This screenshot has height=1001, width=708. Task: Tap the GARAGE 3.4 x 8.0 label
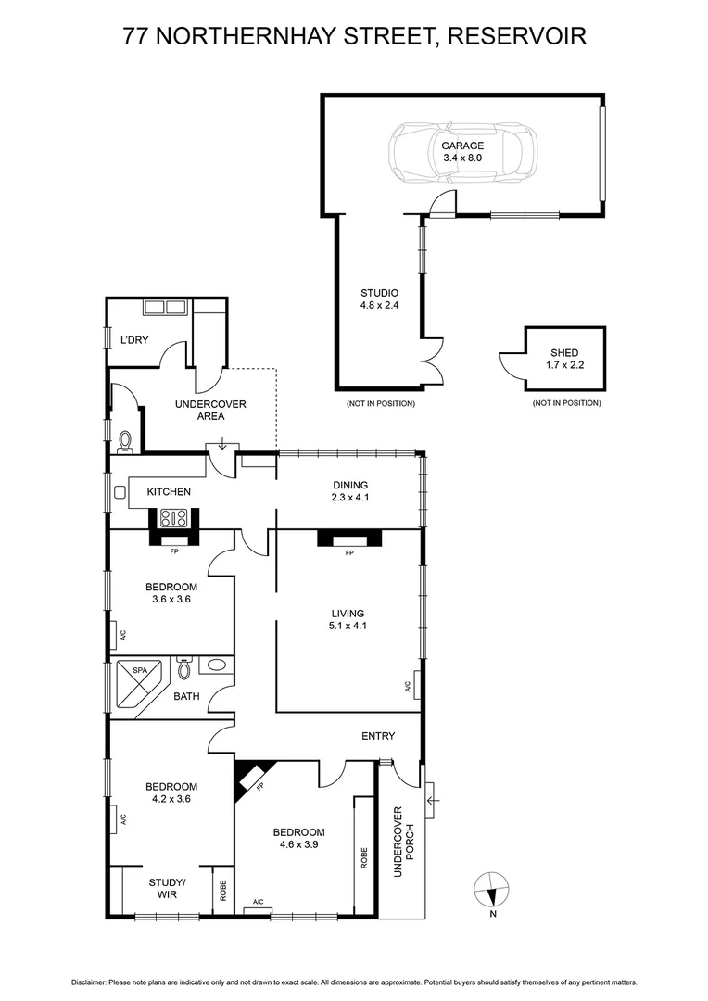[462, 152]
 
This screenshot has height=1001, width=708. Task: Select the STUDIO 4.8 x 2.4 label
[379, 298]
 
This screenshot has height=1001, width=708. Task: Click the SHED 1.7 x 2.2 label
[564, 359]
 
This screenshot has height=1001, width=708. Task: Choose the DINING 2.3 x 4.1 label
[350, 491]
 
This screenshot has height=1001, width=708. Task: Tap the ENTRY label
[378, 736]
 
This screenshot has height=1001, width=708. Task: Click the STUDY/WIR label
[168, 888]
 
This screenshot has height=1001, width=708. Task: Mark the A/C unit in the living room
[418, 686]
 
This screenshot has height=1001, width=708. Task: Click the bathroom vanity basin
[215, 665]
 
